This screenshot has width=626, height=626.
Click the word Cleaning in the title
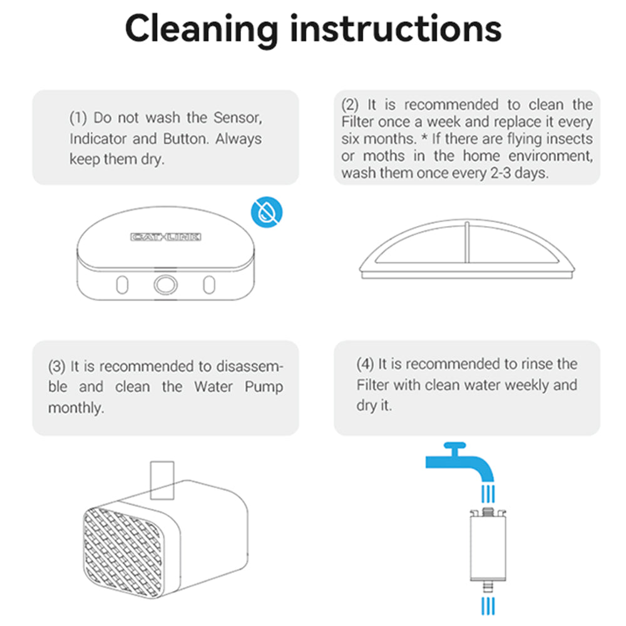202,28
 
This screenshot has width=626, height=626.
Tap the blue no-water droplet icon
267,213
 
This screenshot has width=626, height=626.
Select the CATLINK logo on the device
167,237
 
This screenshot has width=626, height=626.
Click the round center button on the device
165,284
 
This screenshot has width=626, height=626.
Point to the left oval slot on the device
123,284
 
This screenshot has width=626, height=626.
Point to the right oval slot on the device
208,284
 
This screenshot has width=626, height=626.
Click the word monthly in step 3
76,408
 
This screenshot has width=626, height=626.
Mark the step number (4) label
364,364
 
